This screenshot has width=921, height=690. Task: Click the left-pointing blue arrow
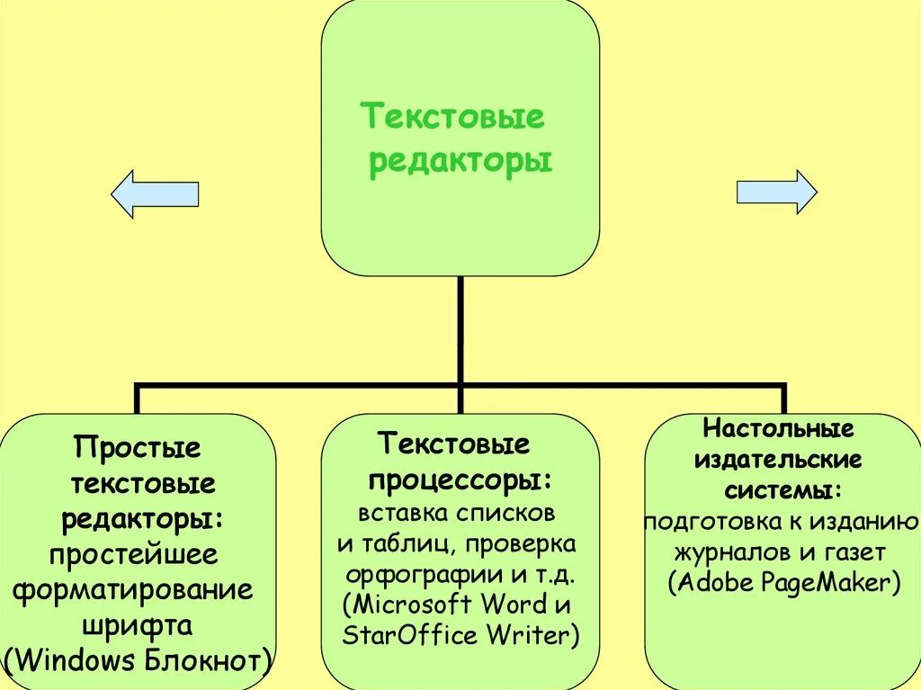[x=154, y=193]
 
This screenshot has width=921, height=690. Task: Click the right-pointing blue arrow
[x=776, y=192]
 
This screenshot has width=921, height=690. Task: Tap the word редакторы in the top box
[x=460, y=162]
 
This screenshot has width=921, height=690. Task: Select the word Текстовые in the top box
[x=453, y=117]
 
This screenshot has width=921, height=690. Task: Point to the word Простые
[x=138, y=447]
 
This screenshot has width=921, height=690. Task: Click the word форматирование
[x=132, y=590]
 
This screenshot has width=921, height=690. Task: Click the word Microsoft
[x=413, y=604]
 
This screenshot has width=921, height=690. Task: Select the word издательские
[x=778, y=460]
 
